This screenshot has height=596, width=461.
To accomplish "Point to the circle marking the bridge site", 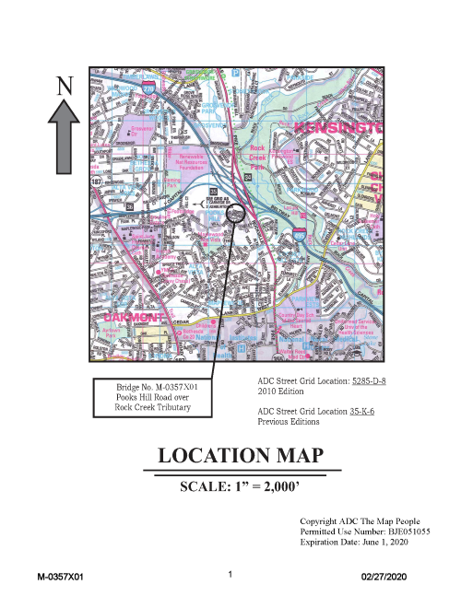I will click(x=237, y=214).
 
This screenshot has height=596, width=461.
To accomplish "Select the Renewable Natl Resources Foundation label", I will click(x=191, y=162).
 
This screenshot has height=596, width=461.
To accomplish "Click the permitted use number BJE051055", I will click(x=405, y=532).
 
